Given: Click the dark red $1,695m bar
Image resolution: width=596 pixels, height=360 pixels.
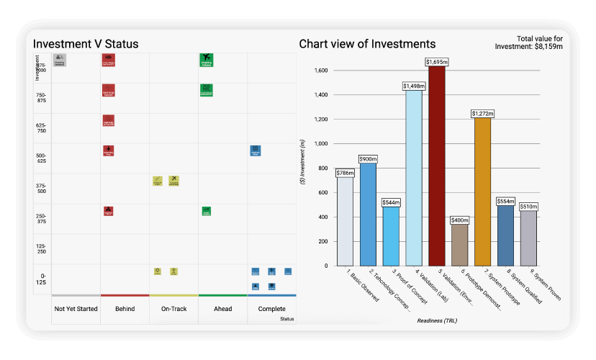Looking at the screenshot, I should (x=436, y=166).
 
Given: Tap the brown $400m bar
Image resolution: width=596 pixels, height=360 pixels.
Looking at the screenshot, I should (x=459, y=245).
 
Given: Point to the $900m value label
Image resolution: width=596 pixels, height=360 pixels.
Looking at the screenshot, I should (x=368, y=158).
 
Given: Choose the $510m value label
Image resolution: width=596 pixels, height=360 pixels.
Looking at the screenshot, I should (x=529, y=206).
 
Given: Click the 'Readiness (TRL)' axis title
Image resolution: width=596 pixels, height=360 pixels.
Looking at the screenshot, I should (x=436, y=320).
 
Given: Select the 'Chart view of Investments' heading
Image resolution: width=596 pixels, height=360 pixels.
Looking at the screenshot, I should (x=367, y=45).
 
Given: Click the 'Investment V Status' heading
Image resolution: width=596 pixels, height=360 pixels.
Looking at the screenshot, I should (x=86, y=45).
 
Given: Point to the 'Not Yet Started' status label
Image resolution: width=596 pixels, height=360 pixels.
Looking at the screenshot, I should (x=76, y=309).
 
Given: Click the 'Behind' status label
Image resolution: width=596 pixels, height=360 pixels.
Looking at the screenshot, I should (x=125, y=309).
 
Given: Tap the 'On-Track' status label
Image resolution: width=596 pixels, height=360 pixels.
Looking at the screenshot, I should (x=173, y=309).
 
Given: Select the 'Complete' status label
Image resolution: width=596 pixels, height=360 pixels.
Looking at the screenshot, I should (x=271, y=309).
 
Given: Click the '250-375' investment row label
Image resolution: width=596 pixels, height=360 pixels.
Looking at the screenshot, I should (x=41, y=220).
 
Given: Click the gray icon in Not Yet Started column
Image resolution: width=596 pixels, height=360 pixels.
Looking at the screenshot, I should (x=60, y=60).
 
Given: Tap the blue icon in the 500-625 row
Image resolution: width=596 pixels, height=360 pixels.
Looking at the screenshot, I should (x=255, y=150).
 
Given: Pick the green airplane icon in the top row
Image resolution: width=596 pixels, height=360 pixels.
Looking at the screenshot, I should (x=207, y=60).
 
